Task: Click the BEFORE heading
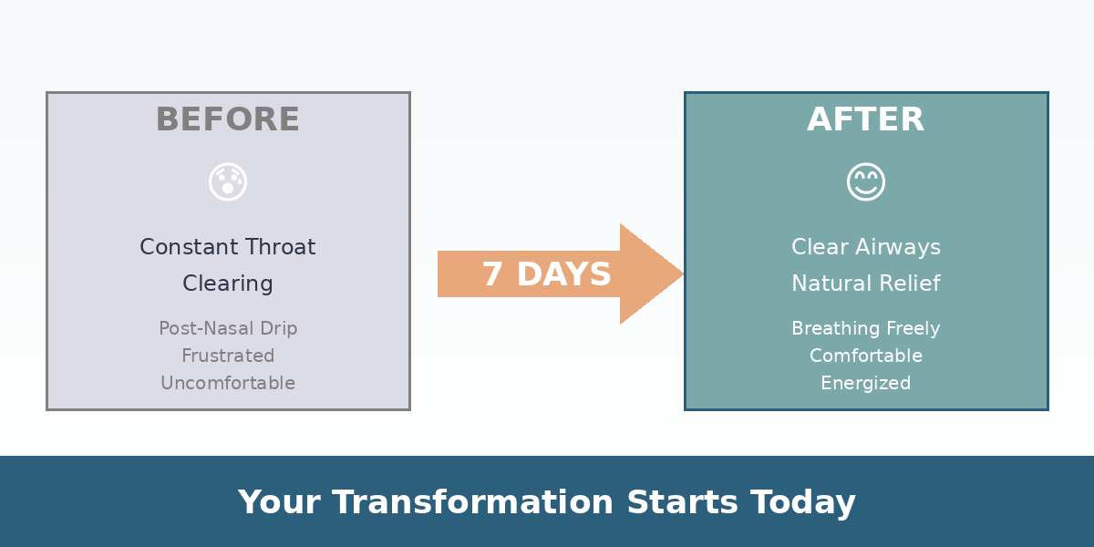pyautogui.click(x=228, y=119)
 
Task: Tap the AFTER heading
pyautogui.click(x=866, y=119)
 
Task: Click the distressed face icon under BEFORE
pyautogui.click(x=228, y=181)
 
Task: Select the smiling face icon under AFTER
pyautogui.click(x=866, y=181)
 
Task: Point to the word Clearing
pyautogui.click(x=228, y=284)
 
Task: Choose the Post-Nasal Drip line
pyautogui.click(x=228, y=328)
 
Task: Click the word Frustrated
pyautogui.click(x=228, y=356)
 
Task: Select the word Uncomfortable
pyautogui.click(x=228, y=383)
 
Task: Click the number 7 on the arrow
pyautogui.click(x=492, y=274)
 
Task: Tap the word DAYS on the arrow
pyautogui.click(x=563, y=274)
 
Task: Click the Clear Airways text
pyautogui.click(x=866, y=247)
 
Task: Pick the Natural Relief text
pyautogui.click(x=866, y=284)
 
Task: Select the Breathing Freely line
pyautogui.click(x=866, y=328)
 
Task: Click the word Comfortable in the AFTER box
pyautogui.click(x=866, y=356)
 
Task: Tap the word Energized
pyautogui.click(x=866, y=383)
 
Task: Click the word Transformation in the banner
pyautogui.click(x=472, y=502)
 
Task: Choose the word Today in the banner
pyautogui.click(x=803, y=502)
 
